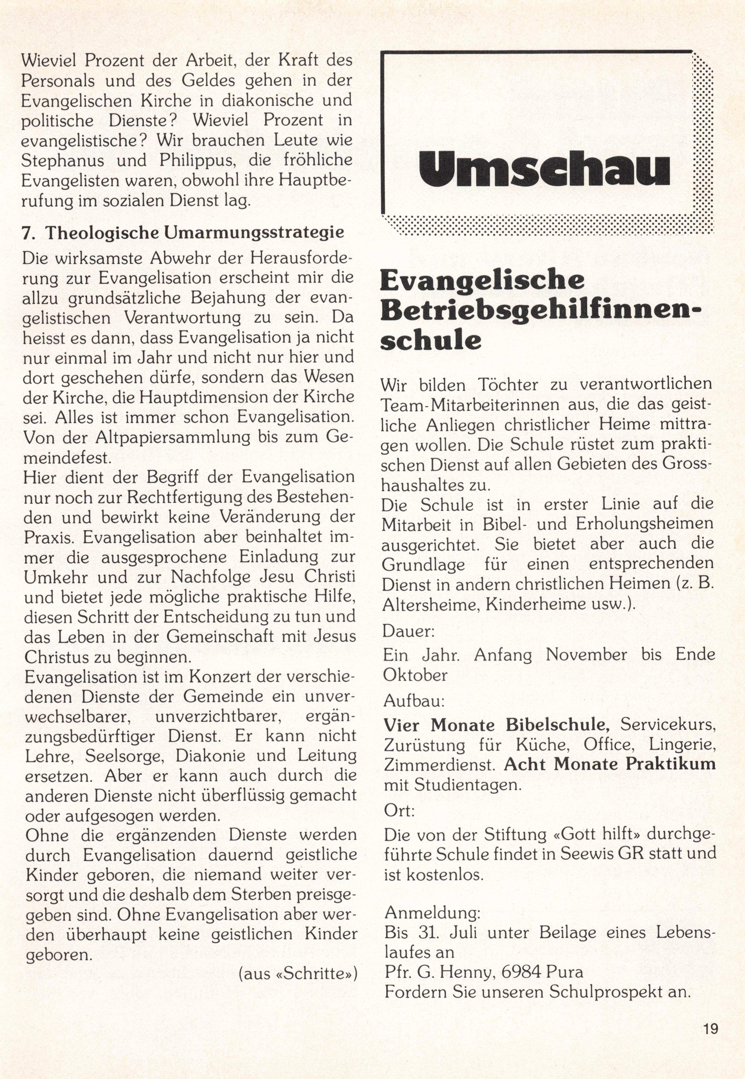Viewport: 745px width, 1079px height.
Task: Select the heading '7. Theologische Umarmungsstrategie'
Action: coord(183,232)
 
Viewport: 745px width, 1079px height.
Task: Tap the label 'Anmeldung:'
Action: coord(432,912)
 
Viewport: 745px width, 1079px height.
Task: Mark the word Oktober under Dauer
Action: coord(415,675)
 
